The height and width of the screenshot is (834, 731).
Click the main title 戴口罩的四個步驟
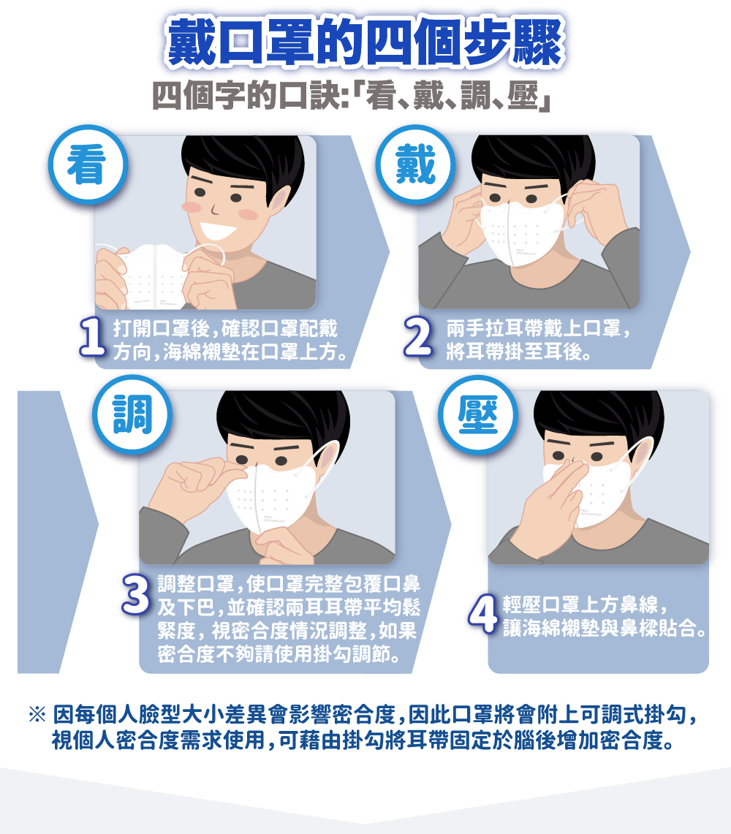click(x=365, y=42)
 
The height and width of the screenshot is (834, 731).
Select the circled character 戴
click(x=415, y=164)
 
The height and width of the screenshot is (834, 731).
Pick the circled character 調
click(x=132, y=414)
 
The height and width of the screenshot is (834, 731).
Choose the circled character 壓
click(x=478, y=414)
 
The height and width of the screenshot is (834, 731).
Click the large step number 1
click(x=93, y=336)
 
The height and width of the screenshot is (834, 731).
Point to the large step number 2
click(x=417, y=336)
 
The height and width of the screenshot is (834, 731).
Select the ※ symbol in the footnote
click(x=37, y=714)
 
